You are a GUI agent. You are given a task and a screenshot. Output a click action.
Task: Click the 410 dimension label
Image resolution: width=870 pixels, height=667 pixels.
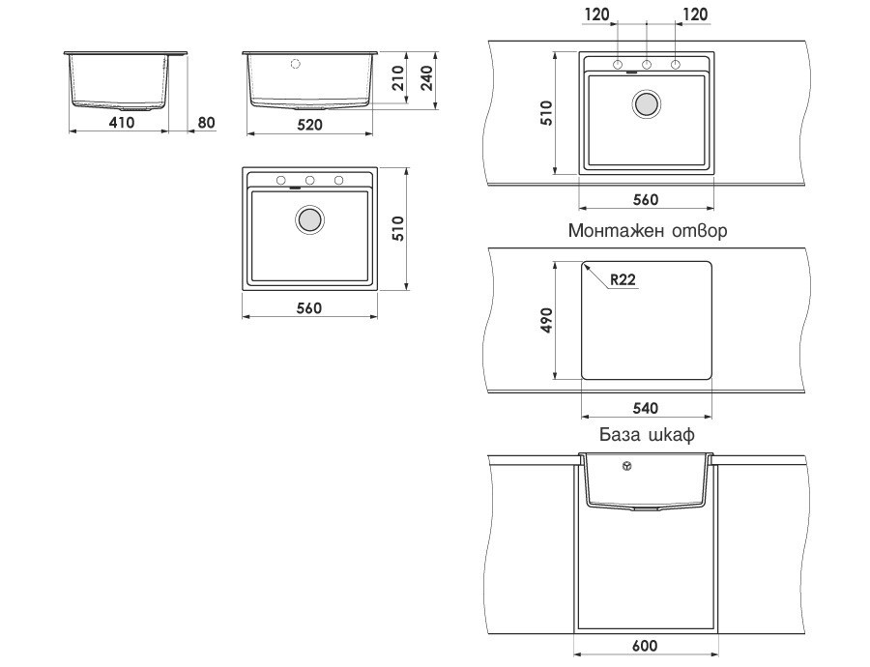point(121,122)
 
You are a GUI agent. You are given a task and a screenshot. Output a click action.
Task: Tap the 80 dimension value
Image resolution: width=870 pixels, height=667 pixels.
point(206,122)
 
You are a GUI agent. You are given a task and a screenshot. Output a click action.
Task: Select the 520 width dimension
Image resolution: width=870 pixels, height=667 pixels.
point(309,125)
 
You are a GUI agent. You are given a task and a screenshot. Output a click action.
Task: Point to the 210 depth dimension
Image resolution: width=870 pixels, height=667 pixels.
point(396,79)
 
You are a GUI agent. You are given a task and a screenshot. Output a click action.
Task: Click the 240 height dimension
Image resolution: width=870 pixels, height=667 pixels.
point(426,79)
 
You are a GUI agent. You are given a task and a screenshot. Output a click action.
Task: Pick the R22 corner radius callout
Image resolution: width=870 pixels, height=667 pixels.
point(623,279)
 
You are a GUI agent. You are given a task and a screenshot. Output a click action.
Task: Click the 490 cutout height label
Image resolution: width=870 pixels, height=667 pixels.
point(546,320)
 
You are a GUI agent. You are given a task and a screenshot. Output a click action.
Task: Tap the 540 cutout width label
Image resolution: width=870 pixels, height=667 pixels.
point(646,408)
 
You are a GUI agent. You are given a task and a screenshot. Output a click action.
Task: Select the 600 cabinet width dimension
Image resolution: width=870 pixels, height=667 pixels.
point(645,646)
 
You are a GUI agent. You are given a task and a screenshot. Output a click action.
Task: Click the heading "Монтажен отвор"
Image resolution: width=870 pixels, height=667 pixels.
point(648,230)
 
